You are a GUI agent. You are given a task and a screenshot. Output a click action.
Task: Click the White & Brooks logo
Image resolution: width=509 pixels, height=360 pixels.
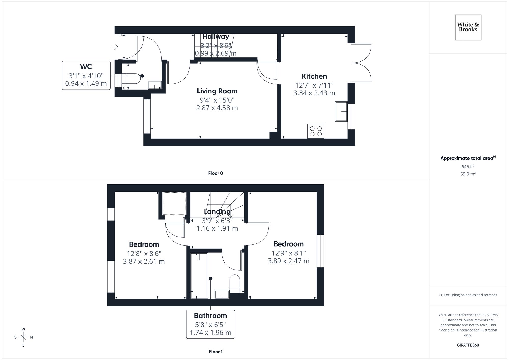click(468, 27)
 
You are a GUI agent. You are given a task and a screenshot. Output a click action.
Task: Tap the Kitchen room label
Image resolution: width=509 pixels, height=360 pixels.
click(314, 76)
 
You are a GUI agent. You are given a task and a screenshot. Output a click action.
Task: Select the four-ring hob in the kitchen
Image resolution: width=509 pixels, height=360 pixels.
click(316, 131)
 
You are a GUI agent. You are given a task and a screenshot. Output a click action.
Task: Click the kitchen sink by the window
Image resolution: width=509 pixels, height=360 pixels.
click(341, 111)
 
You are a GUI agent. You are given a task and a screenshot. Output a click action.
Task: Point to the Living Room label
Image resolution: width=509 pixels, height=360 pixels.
click(217, 91)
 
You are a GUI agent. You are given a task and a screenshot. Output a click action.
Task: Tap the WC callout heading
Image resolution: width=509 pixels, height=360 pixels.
click(86, 67)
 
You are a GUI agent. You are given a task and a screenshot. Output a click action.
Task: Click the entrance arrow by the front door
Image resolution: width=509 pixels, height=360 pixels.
click(115, 47)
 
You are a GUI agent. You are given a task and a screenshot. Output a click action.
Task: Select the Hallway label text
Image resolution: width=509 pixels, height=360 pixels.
click(216, 37)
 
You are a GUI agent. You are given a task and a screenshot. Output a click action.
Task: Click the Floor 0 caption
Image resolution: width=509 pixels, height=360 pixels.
click(215, 173)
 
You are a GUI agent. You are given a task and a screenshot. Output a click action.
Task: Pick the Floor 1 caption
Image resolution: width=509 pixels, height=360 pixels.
click(215, 352)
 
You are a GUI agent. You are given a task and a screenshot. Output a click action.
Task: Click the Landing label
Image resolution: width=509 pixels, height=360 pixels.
click(217, 211)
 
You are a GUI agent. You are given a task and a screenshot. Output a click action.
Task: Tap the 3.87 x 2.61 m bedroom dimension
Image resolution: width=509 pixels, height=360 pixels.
click(144, 261)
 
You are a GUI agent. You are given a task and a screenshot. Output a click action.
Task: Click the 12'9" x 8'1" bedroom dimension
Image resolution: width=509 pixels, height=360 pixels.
click(288, 253)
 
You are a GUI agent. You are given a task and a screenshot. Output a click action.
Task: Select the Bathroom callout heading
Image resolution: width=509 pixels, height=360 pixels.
click(210, 316)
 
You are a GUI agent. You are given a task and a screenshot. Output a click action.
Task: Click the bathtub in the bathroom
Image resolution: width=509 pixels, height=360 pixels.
click(199, 275)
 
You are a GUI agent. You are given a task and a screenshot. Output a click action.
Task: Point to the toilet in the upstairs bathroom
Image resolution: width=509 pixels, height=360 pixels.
click(235, 283)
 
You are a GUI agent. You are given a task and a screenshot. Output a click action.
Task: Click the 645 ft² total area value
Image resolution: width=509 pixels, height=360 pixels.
click(468, 167)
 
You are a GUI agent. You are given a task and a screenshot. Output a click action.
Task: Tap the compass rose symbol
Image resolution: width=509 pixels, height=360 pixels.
click(23, 337)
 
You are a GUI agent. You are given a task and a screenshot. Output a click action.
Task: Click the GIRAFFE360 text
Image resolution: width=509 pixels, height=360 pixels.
click(468, 345)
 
